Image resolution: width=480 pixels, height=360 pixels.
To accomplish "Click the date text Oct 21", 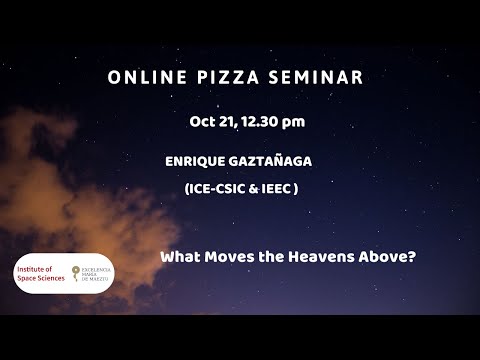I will [212, 122].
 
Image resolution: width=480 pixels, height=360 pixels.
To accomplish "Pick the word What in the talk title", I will [179, 257].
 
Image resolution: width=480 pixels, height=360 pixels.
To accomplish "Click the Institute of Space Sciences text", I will [40, 273].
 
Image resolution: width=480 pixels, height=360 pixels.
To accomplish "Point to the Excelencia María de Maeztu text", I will [97, 274].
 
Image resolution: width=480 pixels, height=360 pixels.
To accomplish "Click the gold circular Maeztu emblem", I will [75, 273].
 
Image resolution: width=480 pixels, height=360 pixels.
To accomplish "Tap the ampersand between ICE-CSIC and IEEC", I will [256, 188].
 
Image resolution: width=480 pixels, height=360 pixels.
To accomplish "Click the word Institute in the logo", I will [33, 268].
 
